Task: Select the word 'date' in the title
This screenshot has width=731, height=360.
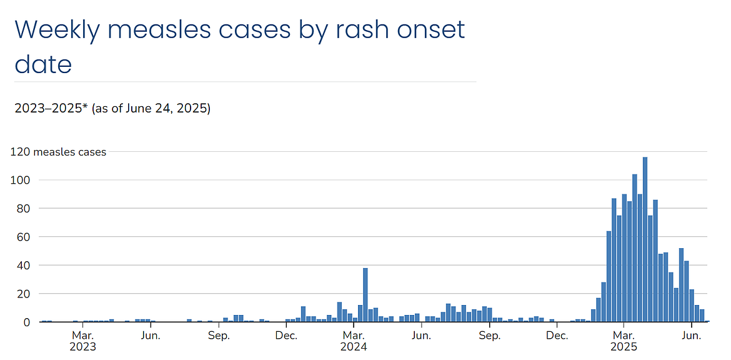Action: point(42,64)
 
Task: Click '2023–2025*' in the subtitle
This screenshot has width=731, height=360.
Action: point(51,109)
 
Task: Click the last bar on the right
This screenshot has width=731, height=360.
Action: point(702,316)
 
